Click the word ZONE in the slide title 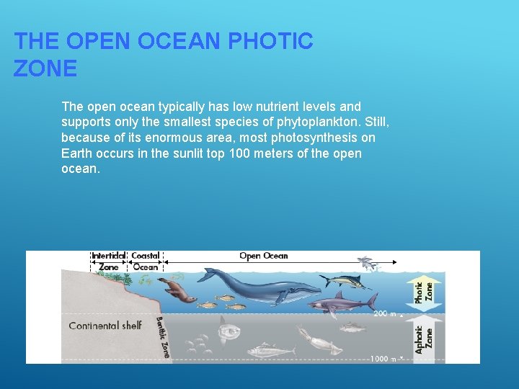(x=45, y=69)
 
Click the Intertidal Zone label (x=108, y=261)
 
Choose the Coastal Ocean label (x=146, y=261)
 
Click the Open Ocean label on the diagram (x=263, y=256)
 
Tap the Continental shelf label (x=105, y=326)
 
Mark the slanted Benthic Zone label (x=162, y=336)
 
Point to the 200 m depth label (x=383, y=314)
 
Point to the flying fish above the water (x=365, y=261)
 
